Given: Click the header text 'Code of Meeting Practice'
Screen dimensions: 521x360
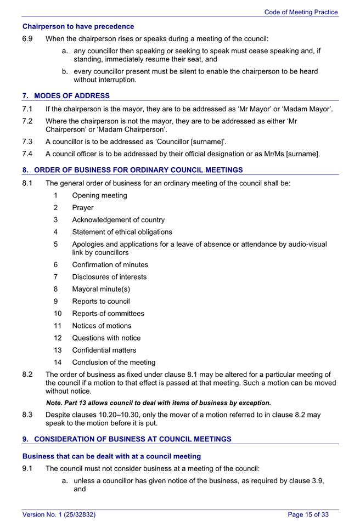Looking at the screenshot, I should pos(301,12).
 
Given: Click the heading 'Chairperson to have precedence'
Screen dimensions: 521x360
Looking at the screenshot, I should pos(78,26).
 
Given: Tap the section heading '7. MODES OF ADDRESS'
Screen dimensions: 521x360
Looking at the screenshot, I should pos(66,95).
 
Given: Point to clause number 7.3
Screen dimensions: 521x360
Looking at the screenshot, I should pos(28,141).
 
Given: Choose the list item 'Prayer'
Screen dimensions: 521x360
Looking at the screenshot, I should pos(82,208).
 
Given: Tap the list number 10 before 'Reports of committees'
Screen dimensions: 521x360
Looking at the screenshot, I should pos(58,314).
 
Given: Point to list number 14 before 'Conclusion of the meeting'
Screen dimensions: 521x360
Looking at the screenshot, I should pos(58,362).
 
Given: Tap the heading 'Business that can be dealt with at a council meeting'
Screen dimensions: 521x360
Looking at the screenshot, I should pos(111,456).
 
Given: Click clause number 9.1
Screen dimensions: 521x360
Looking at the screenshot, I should pos(28,469).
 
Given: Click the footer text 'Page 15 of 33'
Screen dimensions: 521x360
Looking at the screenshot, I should pos(308,514).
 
